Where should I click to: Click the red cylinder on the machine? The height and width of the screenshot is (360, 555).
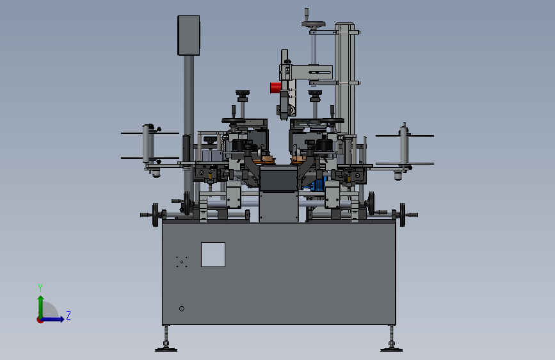(276, 88)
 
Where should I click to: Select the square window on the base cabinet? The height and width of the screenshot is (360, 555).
(213, 254)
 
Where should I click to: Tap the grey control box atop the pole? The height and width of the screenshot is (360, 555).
(189, 35)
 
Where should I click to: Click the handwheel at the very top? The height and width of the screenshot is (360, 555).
(314, 24)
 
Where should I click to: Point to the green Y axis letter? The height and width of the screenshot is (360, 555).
(40, 288)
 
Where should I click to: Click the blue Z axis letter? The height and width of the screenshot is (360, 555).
(68, 315)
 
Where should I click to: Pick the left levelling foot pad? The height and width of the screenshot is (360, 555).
(166, 350)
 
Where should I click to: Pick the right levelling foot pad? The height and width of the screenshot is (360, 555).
(392, 350)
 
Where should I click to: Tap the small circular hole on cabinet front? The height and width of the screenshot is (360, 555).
(182, 309)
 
